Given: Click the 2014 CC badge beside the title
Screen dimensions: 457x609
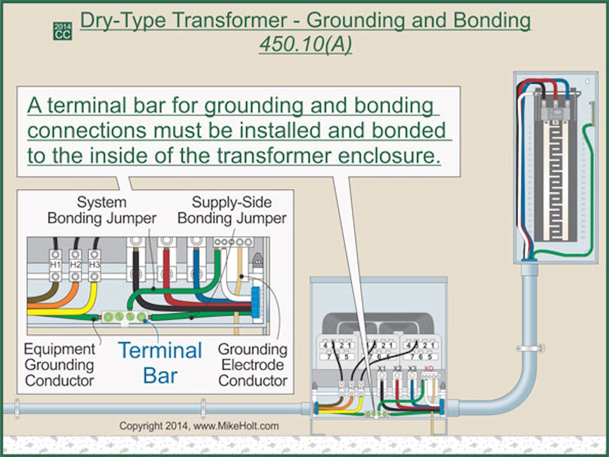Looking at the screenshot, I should click(x=62, y=31).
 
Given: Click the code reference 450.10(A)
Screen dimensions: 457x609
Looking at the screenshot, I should click(x=306, y=45).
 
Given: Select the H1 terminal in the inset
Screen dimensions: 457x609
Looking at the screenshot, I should click(x=55, y=264).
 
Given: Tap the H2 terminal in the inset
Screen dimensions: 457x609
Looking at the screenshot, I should click(x=75, y=264).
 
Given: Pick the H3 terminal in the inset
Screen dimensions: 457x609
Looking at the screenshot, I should click(x=94, y=264).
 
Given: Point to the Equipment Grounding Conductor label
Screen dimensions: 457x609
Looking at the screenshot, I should click(x=59, y=364).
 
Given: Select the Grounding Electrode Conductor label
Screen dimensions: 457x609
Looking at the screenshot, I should click(x=252, y=364).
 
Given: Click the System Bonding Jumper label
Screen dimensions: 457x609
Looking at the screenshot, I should click(x=101, y=210).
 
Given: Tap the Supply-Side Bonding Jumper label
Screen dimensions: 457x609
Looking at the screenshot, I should click(x=232, y=210).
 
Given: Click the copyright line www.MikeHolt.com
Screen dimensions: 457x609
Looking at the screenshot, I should click(x=199, y=426).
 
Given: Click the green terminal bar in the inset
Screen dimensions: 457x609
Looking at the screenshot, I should click(x=124, y=317).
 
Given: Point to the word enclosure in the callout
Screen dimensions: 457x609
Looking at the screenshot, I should click(x=390, y=155).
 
